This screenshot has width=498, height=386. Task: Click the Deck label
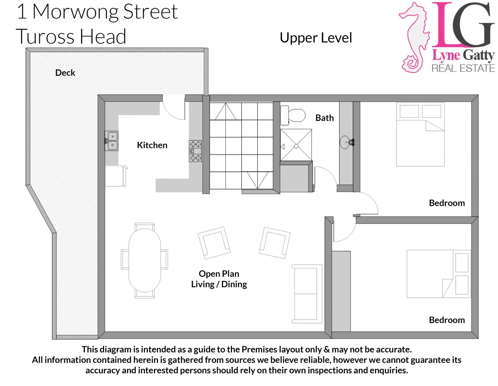65,73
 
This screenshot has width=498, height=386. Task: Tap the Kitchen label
152,145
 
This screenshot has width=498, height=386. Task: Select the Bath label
324,118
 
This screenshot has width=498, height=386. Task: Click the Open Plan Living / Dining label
219,279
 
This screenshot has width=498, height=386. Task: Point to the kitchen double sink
112,141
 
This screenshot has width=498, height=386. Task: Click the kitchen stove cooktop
195,151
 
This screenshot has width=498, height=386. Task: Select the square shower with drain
296,146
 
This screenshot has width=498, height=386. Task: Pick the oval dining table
144,260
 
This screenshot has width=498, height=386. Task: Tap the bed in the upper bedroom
420,135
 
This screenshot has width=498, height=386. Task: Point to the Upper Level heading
316,38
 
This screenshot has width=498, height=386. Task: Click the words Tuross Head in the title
71,37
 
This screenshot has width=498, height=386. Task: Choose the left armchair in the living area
214,242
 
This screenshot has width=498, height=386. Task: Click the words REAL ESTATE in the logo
463,68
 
